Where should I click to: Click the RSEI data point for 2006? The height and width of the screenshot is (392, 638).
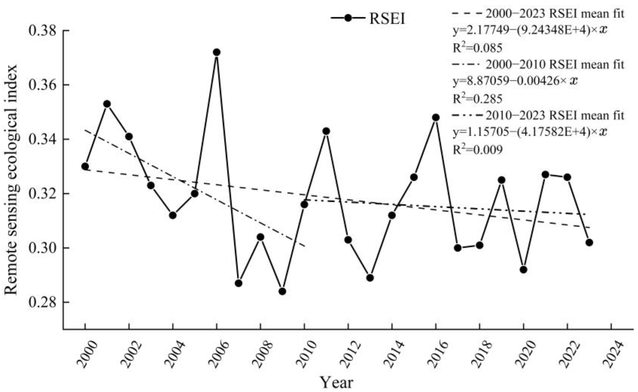point(217,52)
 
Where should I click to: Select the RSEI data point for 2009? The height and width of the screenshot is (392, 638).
point(283,291)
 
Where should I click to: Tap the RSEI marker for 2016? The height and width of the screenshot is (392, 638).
point(436,117)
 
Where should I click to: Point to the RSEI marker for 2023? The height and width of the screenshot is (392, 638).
point(589,243)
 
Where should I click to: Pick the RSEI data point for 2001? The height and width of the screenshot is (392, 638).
point(107,104)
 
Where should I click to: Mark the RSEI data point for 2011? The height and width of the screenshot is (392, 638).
point(327,131)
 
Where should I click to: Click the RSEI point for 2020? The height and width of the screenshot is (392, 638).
point(524,270)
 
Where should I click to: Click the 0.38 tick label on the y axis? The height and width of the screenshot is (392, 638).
point(42,31)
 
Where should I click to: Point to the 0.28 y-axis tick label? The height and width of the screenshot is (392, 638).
point(42,302)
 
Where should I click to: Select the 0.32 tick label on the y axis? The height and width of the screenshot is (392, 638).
point(42,194)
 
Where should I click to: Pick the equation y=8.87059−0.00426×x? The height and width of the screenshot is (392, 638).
point(515,81)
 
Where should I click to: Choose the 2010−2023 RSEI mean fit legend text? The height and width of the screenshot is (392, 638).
point(554,115)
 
